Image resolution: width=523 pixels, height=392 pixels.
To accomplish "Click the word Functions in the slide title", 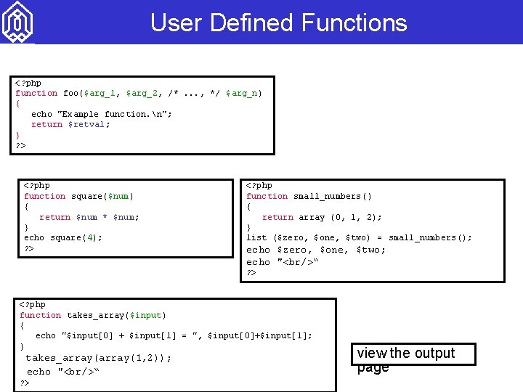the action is point(354,23).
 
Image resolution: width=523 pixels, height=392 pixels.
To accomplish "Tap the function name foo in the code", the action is point(70,93).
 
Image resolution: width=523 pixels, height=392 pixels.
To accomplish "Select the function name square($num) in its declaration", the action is point(102,196).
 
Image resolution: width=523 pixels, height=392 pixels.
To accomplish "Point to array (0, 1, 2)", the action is point(340,217).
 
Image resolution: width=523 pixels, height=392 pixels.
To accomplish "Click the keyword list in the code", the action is point(256,237).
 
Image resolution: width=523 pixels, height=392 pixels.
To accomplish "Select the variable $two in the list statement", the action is point(357,237).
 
